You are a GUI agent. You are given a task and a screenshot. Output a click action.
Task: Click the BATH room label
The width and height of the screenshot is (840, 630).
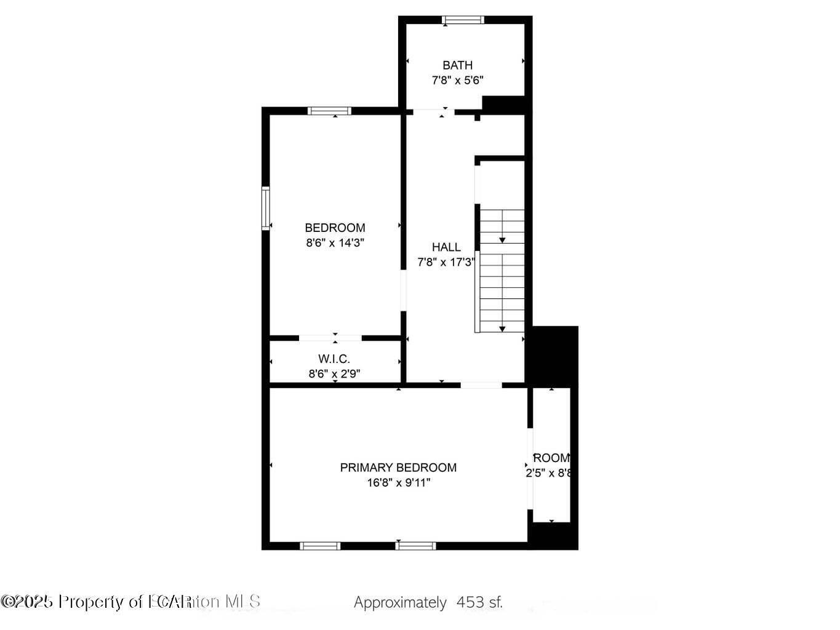458,65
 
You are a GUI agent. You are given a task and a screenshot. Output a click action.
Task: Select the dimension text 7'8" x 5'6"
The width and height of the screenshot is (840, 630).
458,80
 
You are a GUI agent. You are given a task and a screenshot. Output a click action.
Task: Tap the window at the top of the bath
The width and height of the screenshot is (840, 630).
463,20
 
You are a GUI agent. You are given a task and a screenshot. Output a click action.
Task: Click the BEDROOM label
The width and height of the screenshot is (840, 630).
335,228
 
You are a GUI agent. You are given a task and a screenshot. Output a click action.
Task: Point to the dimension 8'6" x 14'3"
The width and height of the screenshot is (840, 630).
335,243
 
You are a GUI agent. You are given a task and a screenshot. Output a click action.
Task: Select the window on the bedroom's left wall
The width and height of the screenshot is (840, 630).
266,209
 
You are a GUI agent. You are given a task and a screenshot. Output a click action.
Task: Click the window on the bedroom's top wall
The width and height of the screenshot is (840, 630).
330,111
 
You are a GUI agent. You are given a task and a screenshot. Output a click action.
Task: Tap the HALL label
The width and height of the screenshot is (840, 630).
446,247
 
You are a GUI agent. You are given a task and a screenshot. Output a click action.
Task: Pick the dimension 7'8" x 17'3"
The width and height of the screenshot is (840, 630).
446,263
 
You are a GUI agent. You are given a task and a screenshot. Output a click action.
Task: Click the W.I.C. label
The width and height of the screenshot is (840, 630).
334,359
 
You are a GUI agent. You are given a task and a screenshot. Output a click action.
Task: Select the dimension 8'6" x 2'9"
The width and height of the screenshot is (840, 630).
334,373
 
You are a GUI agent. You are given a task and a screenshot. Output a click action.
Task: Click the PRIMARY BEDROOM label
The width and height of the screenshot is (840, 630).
398,468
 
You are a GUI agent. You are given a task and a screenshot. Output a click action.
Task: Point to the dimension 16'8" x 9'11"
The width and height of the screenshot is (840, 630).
398,483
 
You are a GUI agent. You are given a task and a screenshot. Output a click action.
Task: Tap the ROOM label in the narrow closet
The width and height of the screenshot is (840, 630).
551,458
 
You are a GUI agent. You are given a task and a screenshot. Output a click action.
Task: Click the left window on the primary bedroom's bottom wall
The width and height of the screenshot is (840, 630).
320,546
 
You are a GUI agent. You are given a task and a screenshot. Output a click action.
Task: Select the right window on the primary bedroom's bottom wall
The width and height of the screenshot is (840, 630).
416,546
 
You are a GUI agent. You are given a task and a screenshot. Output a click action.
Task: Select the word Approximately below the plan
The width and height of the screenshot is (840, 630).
400,602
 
